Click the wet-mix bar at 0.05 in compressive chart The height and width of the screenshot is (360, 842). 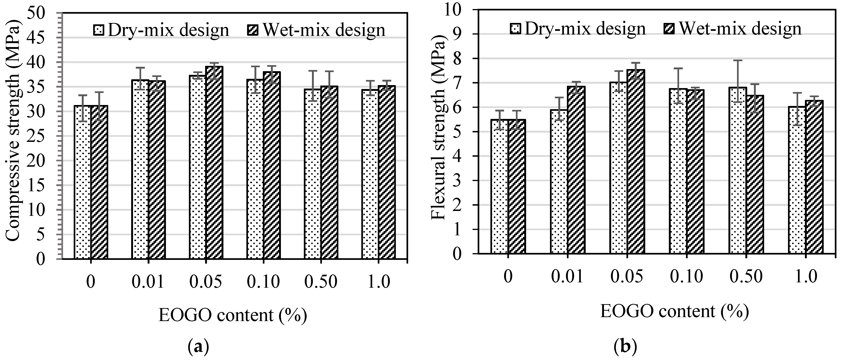[214, 163]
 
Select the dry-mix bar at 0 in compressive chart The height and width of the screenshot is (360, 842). [83, 183]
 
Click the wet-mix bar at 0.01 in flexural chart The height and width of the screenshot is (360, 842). [576, 170]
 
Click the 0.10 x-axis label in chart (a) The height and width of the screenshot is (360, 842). [264, 282]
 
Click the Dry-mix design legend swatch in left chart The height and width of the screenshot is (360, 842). [99, 30]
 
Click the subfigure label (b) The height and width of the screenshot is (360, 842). [626, 347]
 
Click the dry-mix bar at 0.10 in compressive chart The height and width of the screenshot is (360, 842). [255, 170]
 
